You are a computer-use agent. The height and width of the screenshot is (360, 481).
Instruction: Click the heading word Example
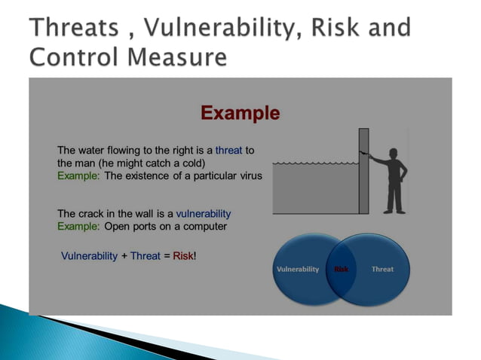coord(240,113)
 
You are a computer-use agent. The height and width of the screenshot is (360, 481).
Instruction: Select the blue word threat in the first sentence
coord(228,151)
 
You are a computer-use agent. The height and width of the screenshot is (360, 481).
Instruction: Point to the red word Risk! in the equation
coord(185,256)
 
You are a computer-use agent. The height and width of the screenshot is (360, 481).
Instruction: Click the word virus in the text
coord(248,176)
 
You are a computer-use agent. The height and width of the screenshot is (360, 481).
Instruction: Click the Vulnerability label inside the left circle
coord(298,269)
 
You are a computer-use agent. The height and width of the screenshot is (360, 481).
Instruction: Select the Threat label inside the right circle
coord(382,269)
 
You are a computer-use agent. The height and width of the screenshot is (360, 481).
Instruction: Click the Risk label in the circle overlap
coord(341,269)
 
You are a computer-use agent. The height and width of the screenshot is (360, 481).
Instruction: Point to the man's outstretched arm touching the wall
coord(377,159)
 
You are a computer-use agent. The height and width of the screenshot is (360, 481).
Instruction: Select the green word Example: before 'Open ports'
coord(78,226)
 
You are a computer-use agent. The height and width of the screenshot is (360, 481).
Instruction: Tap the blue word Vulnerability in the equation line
coord(89,256)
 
